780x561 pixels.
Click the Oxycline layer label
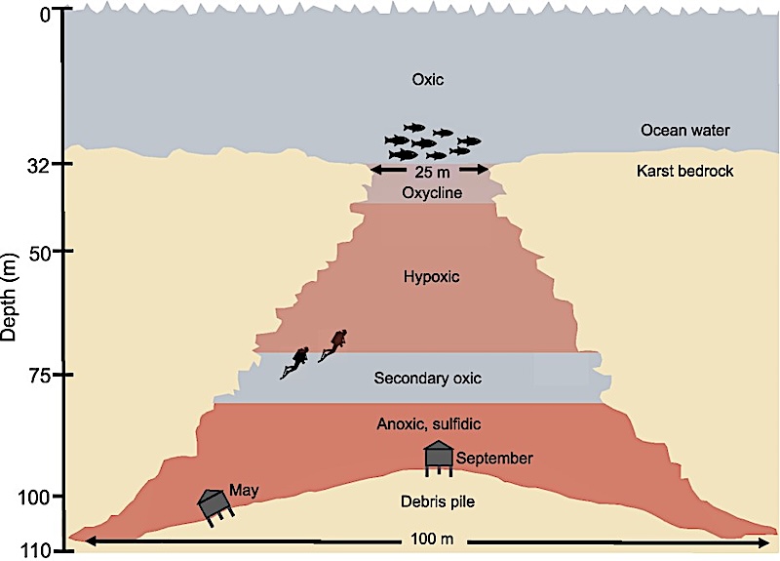(x=430, y=192)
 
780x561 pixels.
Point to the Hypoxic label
(x=430, y=277)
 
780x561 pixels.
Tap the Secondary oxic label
(x=428, y=378)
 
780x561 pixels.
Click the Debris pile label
(x=428, y=501)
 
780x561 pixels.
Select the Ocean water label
(x=685, y=129)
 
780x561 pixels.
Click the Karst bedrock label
(x=685, y=172)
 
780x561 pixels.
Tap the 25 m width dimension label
(x=430, y=171)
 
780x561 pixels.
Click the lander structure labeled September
(x=439, y=457)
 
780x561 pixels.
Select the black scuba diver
(x=295, y=362)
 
